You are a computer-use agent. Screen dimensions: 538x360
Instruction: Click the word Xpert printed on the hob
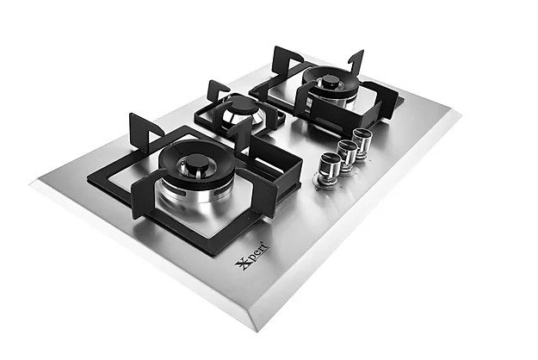point(252,256)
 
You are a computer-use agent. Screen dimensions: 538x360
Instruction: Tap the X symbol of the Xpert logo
point(242,264)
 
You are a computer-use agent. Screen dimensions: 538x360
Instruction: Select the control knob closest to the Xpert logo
point(330,164)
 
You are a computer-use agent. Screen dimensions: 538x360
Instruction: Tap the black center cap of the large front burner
point(197,162)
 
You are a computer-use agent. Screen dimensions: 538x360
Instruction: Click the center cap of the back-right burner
point(331,81)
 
